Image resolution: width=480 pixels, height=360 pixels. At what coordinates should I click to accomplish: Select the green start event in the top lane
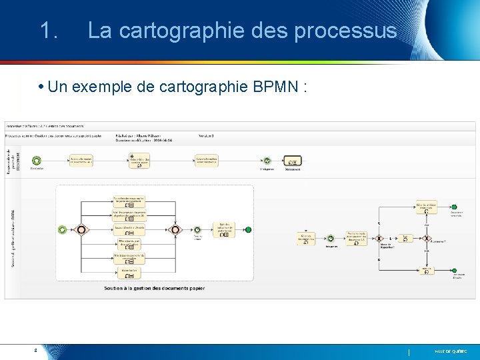coord(36,160)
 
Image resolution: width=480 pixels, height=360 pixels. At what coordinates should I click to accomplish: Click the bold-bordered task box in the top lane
coord(292,160)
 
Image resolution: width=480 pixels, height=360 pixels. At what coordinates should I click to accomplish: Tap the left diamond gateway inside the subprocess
coord(81,229)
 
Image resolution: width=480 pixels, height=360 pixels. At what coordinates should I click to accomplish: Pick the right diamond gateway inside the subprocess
coord(175,229)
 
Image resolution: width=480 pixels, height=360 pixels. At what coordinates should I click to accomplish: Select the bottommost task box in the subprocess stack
coord(129,272)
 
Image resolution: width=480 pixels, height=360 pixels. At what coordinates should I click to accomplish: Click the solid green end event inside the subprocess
coord(248,229)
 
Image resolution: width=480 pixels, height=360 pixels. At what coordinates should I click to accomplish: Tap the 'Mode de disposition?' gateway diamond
coord(379,238)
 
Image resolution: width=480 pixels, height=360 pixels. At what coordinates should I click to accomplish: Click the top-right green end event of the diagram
coord(454,207)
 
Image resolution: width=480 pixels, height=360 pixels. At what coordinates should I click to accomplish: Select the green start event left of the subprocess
coord(62,229)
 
